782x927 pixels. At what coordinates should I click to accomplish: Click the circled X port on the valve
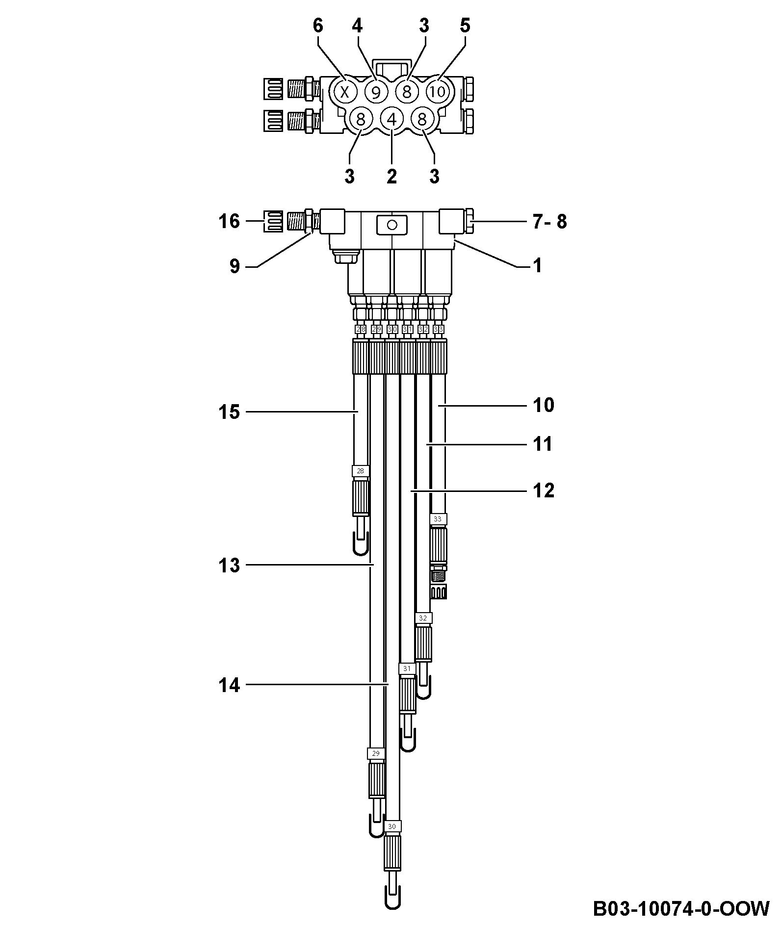[345, 91]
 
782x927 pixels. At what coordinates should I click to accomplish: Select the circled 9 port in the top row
[376, 92]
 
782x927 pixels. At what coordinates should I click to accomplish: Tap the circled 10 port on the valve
[438, 91]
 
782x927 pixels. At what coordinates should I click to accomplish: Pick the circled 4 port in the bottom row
[391, 119]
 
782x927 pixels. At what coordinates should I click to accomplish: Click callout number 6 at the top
[318, 26]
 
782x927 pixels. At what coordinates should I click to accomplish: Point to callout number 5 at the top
[465, 26]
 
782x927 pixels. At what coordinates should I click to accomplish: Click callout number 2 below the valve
[391, 176]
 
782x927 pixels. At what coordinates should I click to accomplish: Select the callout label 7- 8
[550, 222]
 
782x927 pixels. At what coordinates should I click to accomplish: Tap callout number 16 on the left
[229, 222]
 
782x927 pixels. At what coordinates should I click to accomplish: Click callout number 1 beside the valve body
[537, 266]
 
